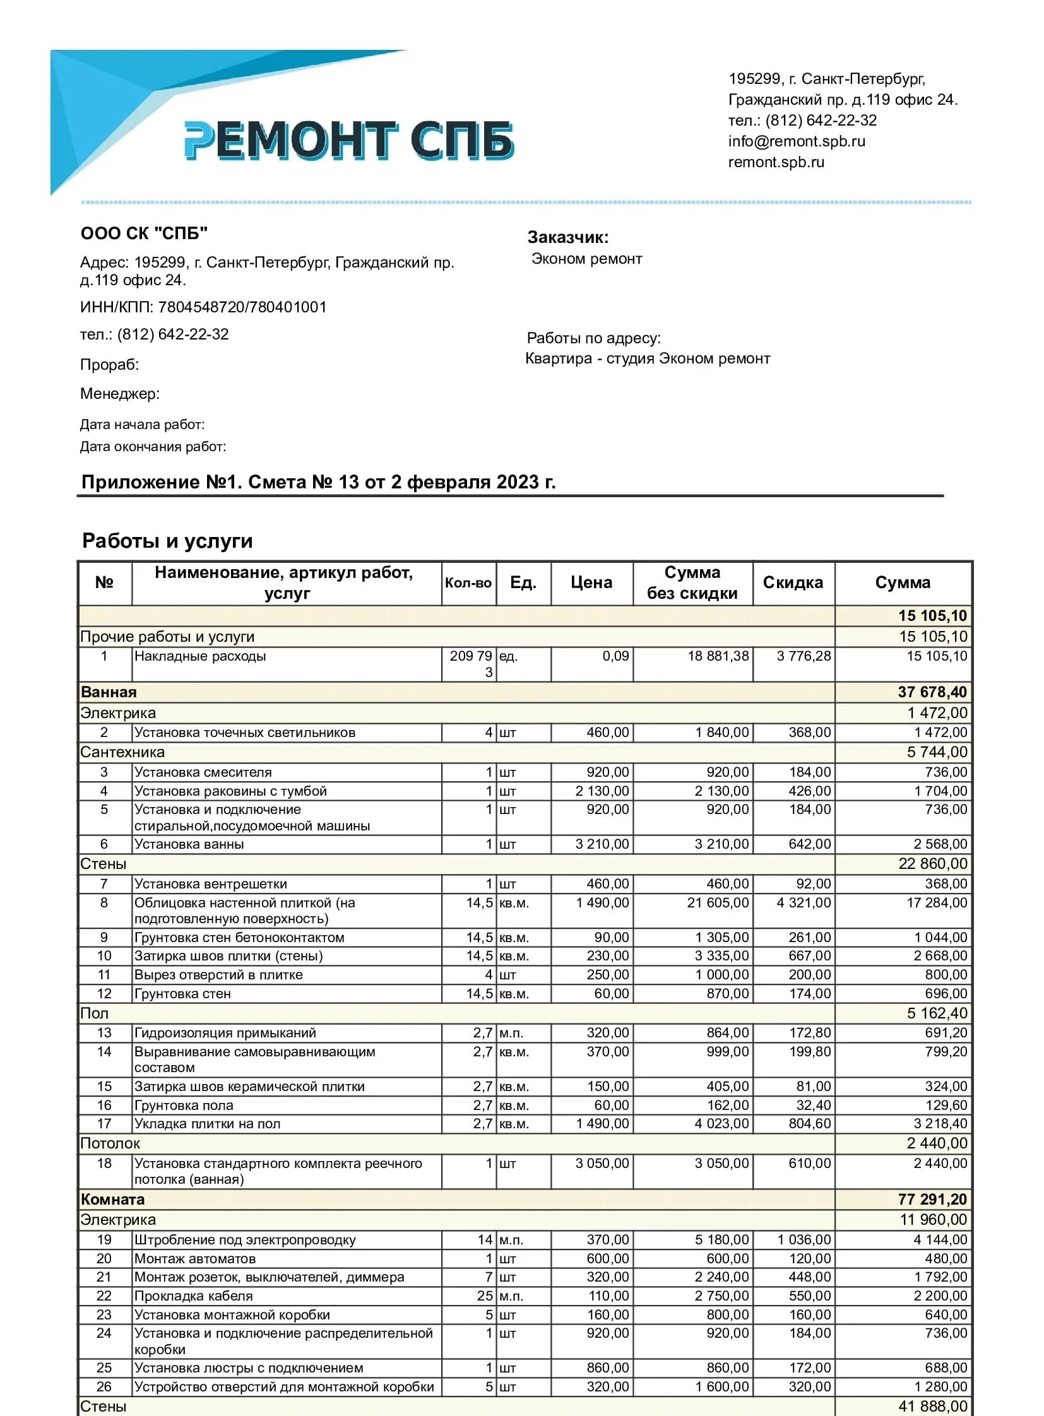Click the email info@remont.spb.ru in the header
pos(797,141)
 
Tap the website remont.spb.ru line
pos(776,162)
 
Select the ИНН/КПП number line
pos(203,307)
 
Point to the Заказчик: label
pos(567,238)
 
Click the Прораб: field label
pos(109,365)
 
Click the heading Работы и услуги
pos(167,541)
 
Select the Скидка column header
pos(793,582)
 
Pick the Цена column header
pos(591,582)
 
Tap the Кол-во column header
pos(468,582)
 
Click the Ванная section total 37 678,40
pos(932,692)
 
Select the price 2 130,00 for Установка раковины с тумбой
pos(602,791)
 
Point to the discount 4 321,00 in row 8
pos(804,903)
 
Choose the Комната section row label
pos(112,1200)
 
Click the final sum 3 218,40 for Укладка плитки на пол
pos(940,1123)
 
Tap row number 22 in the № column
pos(104,1296)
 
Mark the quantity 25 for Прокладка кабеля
pos(485,1296)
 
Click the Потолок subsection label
pos(110,1143)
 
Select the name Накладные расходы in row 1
pos(199,656)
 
